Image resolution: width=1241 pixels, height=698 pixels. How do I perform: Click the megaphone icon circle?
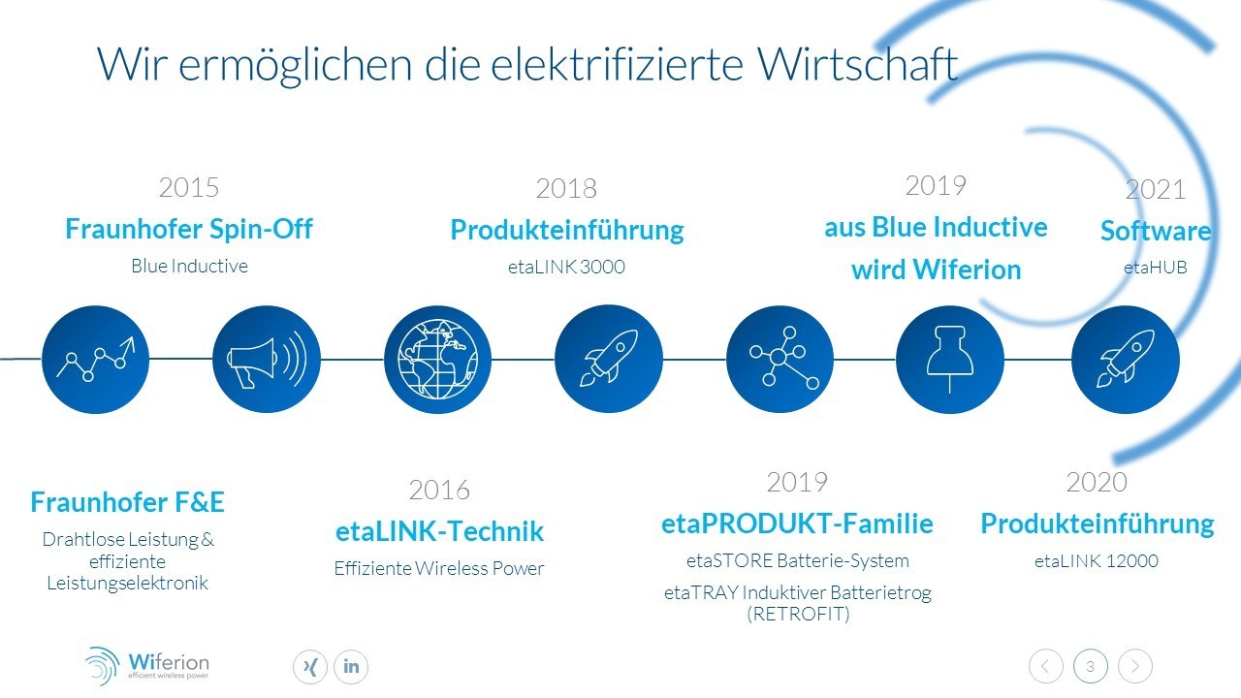pos(267,360)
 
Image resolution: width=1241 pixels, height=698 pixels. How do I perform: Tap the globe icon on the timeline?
pos(437,360)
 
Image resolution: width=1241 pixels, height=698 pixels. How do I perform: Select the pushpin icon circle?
pos(950,360)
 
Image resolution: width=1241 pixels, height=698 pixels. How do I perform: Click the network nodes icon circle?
pos(780,360)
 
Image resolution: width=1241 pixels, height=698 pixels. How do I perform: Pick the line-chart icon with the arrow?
pos(95,360)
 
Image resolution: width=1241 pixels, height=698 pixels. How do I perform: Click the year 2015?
pos(189,187)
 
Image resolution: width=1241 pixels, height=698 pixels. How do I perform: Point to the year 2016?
pos(439,490)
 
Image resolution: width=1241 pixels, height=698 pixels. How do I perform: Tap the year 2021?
pos(1156,189)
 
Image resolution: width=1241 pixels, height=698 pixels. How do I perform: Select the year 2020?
pos(1097,482)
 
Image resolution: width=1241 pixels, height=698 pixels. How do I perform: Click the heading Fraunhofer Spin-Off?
pos(189,229)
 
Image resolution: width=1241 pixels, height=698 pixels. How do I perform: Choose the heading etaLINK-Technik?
pos(439,530)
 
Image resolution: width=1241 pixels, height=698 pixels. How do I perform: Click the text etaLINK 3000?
pos(566,267)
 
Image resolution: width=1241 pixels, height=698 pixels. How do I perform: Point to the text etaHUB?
pos(1156,268)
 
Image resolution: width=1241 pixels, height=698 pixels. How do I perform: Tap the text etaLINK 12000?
pos(1097,561)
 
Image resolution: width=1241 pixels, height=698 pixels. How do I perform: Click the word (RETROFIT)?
pos(798,614)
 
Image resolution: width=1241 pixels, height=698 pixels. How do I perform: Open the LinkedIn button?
pos(351,666)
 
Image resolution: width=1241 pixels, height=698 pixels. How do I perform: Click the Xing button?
pos(310,666)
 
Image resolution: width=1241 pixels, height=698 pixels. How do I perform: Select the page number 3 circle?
pos(1091,666)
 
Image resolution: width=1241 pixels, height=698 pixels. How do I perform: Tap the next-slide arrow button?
pos(1135,666)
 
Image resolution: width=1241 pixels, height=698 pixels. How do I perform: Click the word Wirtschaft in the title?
pos(858,64)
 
